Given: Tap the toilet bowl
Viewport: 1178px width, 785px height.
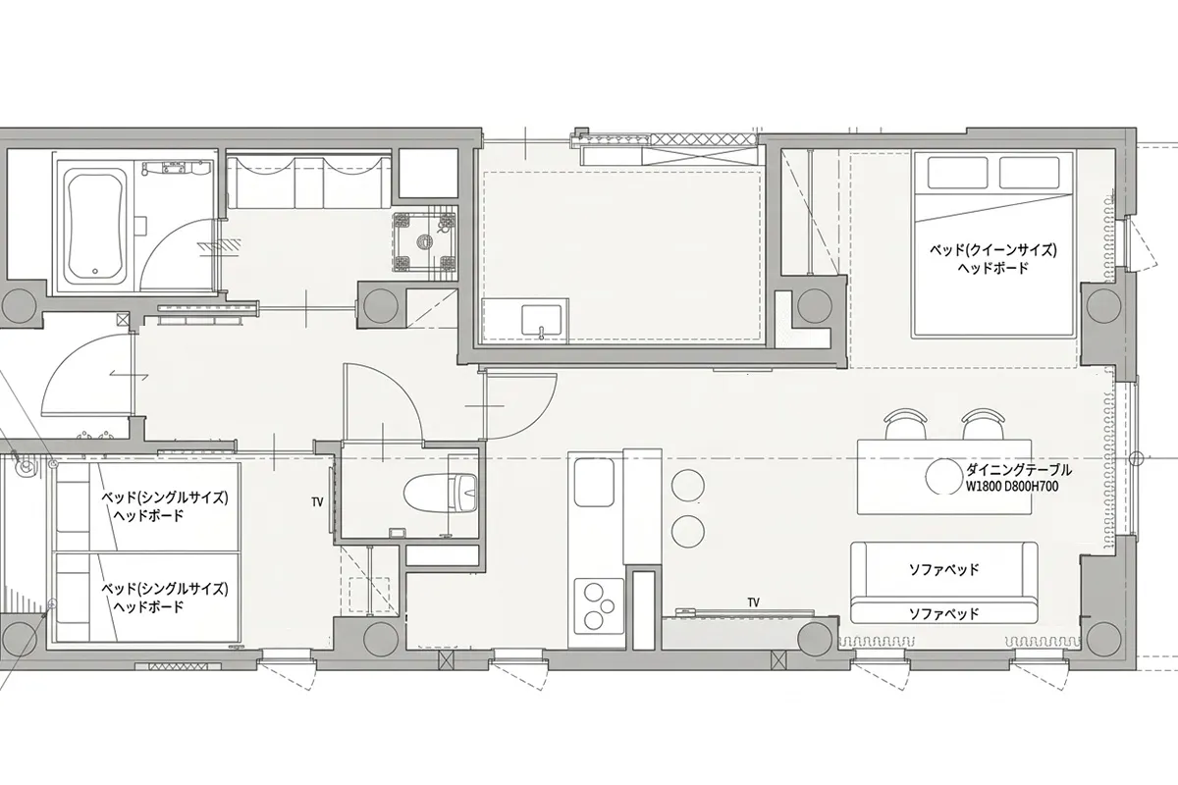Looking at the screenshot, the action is (x=441, y=494).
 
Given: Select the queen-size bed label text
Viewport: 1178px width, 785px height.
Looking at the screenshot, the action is (x=992, y=259).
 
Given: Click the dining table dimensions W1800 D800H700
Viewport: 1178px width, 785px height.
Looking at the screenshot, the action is (x=1012, y=487).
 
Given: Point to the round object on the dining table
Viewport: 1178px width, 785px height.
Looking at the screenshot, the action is (x=944, y=477).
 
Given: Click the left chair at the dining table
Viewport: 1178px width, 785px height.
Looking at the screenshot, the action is (x=905, y=424).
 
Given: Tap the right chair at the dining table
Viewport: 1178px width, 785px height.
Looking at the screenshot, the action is (x=983, y=424).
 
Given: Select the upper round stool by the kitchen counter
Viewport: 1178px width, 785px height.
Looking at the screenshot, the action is (x=687, y=486).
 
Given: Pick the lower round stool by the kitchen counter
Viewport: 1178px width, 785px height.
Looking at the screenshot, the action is (x=687, y=531).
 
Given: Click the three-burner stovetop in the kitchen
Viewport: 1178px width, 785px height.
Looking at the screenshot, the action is (x=599, y=605).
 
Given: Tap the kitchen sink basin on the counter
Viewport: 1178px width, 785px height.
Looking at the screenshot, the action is (x=594, y=482).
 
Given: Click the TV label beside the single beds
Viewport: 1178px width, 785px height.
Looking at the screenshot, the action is (x=317, y=502).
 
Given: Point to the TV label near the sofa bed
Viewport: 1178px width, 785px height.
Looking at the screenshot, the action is (x=754, y=602).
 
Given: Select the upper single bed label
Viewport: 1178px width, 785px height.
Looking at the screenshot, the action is (x=165, y=505).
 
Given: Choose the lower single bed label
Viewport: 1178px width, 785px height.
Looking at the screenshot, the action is (x=165, y=598).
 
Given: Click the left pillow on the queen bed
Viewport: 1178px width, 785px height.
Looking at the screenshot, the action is (x=957, y=173).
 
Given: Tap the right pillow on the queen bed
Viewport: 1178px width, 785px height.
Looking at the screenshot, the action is (x=1029, y=173).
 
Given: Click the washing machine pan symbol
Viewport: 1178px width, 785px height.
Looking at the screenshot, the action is (x=424, y=241).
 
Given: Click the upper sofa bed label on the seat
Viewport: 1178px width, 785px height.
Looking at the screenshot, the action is (x=944, y=569).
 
